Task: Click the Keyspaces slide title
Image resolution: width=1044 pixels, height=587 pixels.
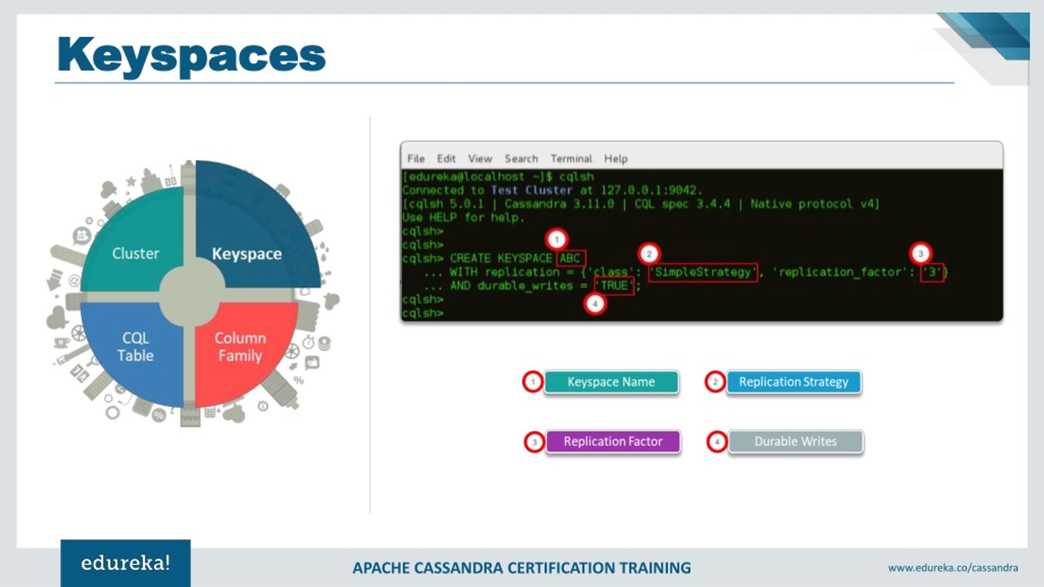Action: (x=192, y=55)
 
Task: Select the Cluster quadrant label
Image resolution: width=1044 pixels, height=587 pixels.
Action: (x=135, y=254)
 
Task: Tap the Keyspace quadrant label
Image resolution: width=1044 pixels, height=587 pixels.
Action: (x=247, y=254)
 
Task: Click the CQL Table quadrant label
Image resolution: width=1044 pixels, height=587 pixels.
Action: (x=135, y=346)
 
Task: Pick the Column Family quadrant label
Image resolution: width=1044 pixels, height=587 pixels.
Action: (x=240, y=346)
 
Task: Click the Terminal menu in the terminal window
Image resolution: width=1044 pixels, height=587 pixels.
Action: (x=571, y=159)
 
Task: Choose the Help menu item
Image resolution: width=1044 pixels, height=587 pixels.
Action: (x=615, y=159)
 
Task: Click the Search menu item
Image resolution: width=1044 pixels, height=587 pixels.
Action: (x=521, y=159)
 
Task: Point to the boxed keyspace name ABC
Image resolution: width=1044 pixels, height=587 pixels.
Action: (x=570, y=258)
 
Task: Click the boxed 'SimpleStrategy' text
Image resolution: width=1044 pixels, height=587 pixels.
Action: (x=703, y=272)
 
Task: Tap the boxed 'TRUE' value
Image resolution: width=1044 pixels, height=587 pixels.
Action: (x=614, y=285)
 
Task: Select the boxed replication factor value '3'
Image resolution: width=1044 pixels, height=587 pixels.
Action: (x=932, y=272)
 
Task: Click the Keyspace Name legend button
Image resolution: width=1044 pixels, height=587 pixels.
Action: (x=611, y=382)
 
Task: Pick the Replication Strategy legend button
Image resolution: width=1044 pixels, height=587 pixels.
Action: (x=794, y=382)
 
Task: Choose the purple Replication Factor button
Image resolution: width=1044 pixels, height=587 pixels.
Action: (x=613, y=441)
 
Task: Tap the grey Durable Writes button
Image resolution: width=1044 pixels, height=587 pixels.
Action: (x=795, y=441)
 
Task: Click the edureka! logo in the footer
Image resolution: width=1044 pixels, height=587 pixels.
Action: (x=126, y=563)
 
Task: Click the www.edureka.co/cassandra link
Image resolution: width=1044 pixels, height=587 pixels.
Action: (x=953, y=568)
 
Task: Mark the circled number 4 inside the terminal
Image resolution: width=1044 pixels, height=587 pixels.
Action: (x=595, y=304)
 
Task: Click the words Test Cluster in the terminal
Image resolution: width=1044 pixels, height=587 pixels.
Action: (x=531, y=190)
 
